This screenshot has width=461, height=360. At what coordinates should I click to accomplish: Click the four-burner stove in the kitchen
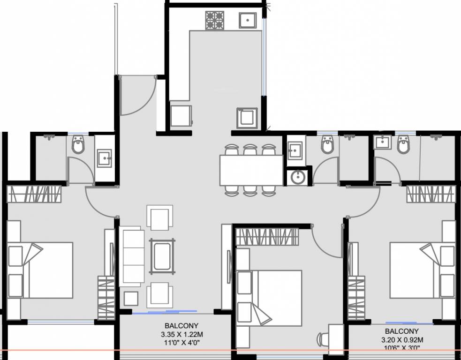[x=215, y=20]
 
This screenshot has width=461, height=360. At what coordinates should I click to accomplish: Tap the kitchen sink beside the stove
[x=247, y=20]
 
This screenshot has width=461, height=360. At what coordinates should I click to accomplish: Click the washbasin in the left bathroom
[x=104, y=158]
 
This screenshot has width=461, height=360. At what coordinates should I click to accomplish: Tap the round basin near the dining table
[x=297, y=177]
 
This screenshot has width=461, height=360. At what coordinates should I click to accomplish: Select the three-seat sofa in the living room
[x=132, y=256]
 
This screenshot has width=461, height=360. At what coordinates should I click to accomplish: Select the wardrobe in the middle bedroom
[x=266, y=236]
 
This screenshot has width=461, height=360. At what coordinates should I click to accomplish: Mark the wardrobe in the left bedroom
[x=35, y=194]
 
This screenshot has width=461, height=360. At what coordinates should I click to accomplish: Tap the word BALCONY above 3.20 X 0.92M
[x=403, y=331]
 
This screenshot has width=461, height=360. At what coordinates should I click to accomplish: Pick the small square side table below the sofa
[x=131, y=299]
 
